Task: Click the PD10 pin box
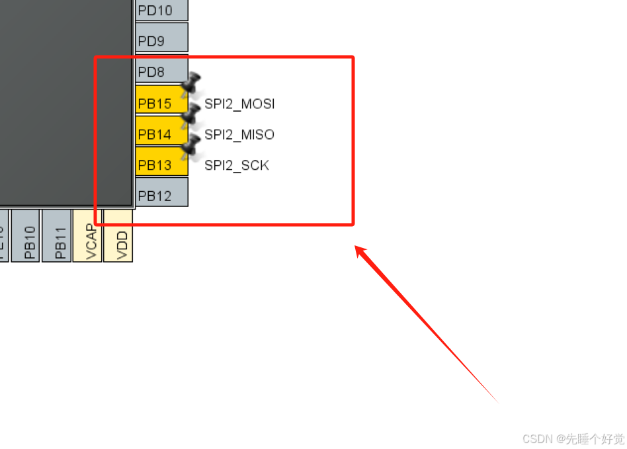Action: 161,10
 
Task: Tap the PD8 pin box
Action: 161,70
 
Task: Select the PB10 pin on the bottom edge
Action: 26,236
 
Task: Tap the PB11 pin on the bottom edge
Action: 57,236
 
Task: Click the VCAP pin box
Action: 87,236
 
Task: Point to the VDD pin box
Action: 118,236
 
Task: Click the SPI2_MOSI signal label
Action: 239,104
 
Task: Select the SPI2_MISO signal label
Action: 239,135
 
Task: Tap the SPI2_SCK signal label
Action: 237,165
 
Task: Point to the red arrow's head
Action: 360,251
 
